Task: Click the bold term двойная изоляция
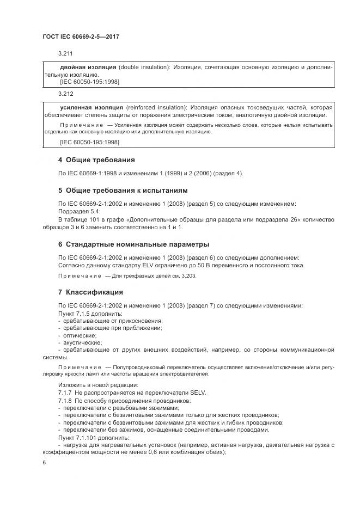(88, 67)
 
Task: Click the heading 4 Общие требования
(96, 160)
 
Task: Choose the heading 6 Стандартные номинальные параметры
(133, 244)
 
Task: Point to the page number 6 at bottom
(44, 462)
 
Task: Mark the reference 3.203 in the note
(189, 276)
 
